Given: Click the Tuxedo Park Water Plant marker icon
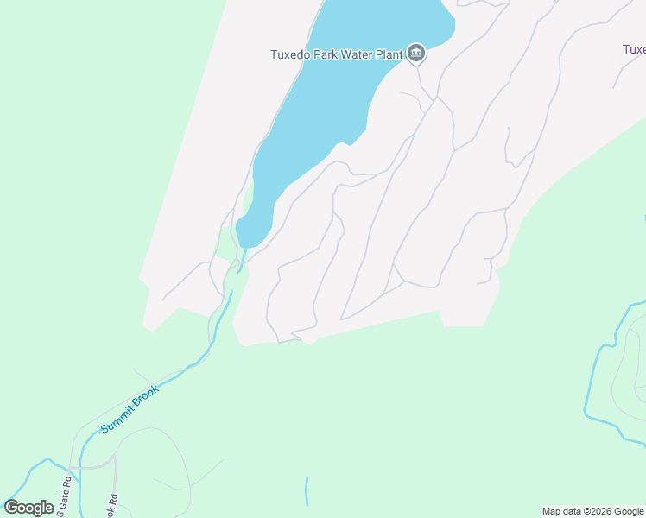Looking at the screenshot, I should tap(416, 54).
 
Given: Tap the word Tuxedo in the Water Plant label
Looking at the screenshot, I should tap(289, 54).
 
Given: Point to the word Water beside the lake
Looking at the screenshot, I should tap(358, 54).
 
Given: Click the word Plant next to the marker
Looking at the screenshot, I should tap(390, 54).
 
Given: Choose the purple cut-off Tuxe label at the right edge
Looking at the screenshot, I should tap(634, 49).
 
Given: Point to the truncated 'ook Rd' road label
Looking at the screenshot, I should tap(111, 505).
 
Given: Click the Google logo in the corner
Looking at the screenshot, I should tap(28, 508).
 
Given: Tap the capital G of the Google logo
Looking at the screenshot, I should tap(11, 507).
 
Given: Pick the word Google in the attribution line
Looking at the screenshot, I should tap(630, 511).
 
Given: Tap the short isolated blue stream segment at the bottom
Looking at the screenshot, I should tap(307, 490).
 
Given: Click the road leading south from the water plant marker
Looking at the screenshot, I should tap(421, 82).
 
